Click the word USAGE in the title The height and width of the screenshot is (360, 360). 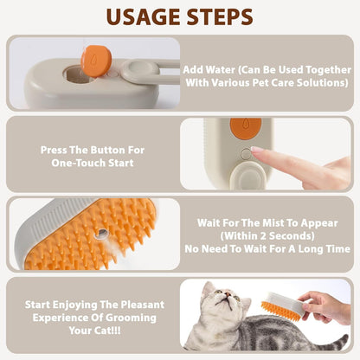tap(138, 16)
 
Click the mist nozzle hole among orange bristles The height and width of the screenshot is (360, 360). tap(102, 234)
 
